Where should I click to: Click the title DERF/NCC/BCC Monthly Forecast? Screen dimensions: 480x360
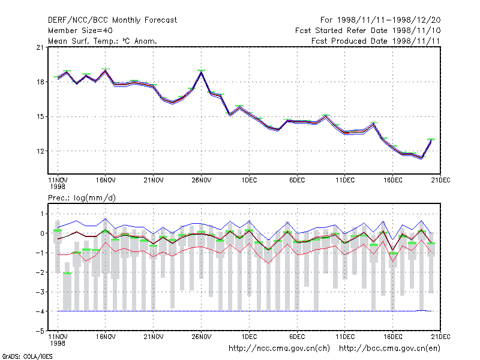(x=112, y=20)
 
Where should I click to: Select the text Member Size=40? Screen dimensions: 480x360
(x=80, y=31)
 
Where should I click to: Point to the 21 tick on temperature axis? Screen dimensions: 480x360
(x=40, y=47)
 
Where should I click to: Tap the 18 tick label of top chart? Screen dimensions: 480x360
(x=40, y=82)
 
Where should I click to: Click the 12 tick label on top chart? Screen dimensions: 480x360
(x=40, y=151)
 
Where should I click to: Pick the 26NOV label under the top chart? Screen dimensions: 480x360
(x=202, y=181)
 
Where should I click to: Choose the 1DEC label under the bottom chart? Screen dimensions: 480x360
(x=249, y=337)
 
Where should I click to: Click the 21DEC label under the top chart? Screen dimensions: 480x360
(x=440, y=181)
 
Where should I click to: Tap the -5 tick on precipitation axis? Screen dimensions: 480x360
(x=40, y=331)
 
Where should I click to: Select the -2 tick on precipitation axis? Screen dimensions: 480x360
(x=40, y=272)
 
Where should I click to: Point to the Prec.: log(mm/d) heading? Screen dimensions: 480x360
(x=82, y=198)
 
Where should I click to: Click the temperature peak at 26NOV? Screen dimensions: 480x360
(x=201, y=72)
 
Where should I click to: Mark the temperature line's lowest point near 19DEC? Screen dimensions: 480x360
(x=422, y=158)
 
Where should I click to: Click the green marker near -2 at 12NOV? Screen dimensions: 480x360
(x=67, y=274)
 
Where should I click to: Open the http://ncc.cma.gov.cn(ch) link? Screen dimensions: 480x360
(x=279, y=349)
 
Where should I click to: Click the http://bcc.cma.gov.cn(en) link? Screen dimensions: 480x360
(x=389, y=349)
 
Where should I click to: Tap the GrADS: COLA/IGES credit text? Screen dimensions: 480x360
(x=27, y=356)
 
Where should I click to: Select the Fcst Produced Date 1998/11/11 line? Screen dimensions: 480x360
(x=376, y=41)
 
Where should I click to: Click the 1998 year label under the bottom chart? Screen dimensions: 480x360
(x=58, y=343)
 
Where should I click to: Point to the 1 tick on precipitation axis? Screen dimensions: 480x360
(x=42, y=214)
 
